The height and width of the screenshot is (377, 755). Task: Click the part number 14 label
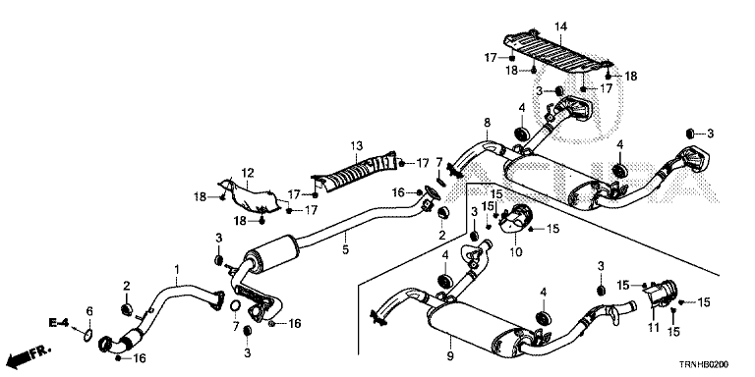[561, 27]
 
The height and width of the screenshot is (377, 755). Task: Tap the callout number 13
[356, 145]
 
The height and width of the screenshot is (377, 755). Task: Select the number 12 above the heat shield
[248, 173]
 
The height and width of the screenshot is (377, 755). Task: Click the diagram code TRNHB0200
[704, 364]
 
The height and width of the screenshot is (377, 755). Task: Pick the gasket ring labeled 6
[87, 335]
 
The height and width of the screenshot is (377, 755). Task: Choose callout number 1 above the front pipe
[177, 269]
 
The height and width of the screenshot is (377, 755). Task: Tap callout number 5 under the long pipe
[346, 249]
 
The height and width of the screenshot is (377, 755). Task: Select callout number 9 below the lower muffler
[450, 356]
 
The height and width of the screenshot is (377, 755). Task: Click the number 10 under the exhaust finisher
[515, 252]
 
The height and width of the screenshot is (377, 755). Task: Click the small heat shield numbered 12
[249, 195]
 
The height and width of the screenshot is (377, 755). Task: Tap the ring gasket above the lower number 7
[236, 305]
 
